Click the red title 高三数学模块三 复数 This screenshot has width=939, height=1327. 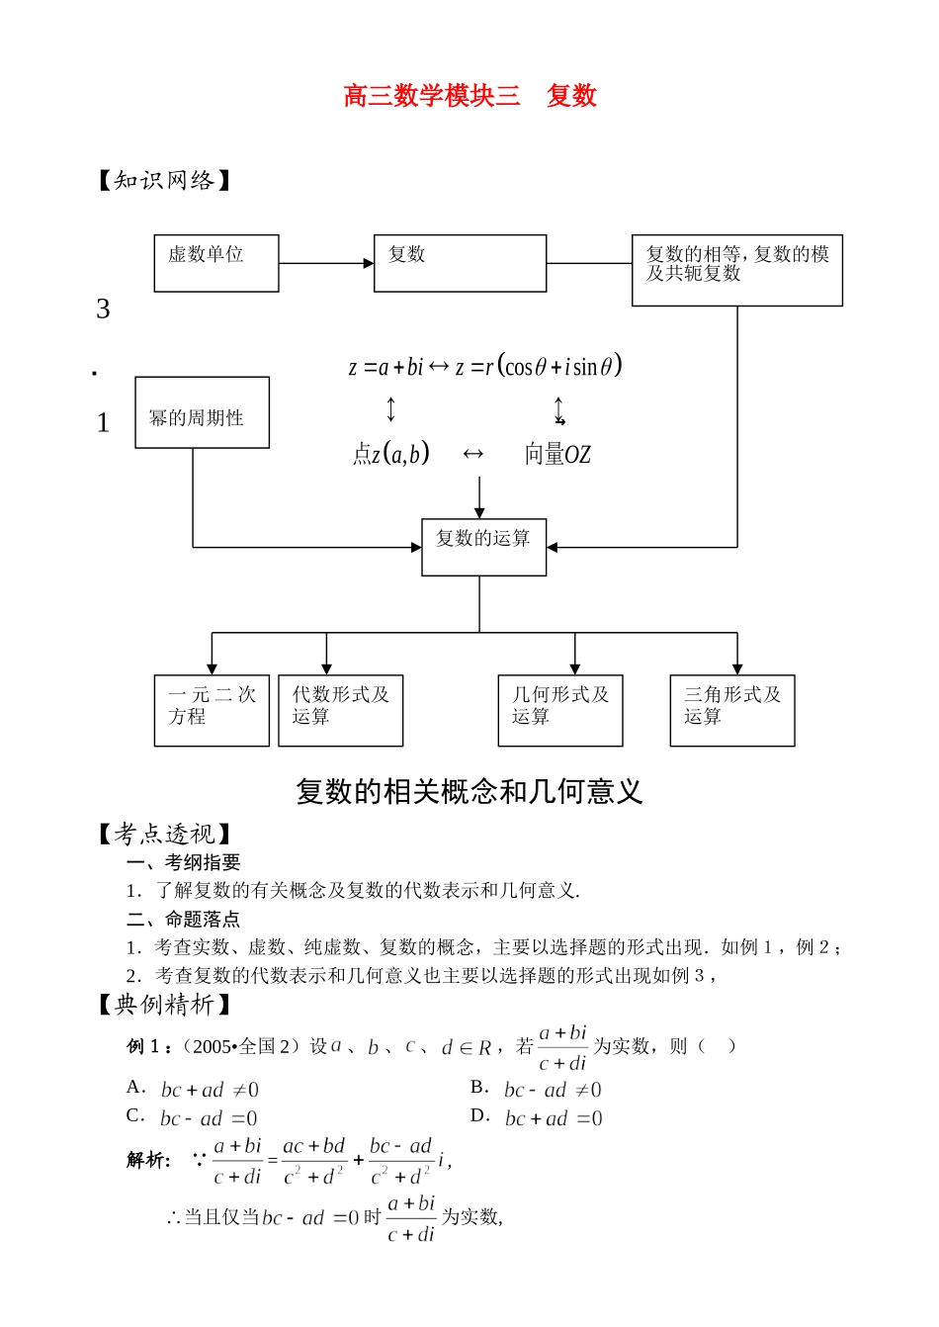469,96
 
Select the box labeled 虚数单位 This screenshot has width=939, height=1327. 215,263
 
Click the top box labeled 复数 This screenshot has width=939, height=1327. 460,263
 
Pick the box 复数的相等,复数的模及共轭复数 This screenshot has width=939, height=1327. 736,269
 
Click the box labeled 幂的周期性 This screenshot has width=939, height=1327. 202,412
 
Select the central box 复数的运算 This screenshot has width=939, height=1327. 483,547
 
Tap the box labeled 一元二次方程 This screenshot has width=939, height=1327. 212,710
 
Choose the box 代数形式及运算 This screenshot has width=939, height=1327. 340,710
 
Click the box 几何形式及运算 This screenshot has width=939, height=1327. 559,710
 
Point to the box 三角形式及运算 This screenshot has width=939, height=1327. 731,710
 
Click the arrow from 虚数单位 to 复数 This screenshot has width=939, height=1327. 326,264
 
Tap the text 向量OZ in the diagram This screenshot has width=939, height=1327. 557,455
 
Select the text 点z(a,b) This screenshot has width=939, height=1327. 391,454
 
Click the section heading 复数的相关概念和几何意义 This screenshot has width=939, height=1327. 469,792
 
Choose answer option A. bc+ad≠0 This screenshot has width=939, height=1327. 194,1090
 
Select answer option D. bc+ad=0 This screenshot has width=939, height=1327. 537,1118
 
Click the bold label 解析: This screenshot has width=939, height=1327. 148,1160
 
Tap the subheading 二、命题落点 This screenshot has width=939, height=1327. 183,919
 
